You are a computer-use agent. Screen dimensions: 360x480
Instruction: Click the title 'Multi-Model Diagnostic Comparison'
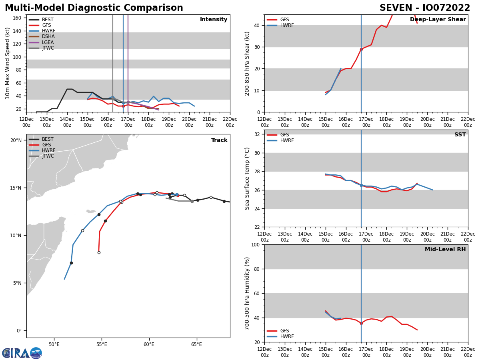94,8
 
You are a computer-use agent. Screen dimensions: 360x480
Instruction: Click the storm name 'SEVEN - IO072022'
425,8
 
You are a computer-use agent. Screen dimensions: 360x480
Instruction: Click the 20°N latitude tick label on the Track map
16,140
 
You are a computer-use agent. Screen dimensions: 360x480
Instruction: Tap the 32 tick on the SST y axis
257,134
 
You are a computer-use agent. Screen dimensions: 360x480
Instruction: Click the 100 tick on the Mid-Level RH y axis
256,245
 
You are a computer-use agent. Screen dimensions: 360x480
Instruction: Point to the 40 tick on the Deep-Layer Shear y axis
257,26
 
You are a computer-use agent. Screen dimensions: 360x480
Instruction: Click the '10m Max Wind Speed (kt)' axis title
8,63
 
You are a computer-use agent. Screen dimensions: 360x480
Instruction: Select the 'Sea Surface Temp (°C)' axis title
248,178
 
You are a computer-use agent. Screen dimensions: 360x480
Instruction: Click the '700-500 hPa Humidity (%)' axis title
248,293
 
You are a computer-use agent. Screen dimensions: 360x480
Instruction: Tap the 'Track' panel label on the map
219,140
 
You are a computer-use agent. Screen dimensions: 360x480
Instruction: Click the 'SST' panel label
460,135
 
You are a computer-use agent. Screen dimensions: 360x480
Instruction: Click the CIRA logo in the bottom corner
22,353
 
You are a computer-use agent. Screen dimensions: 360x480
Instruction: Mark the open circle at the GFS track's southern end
99,252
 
